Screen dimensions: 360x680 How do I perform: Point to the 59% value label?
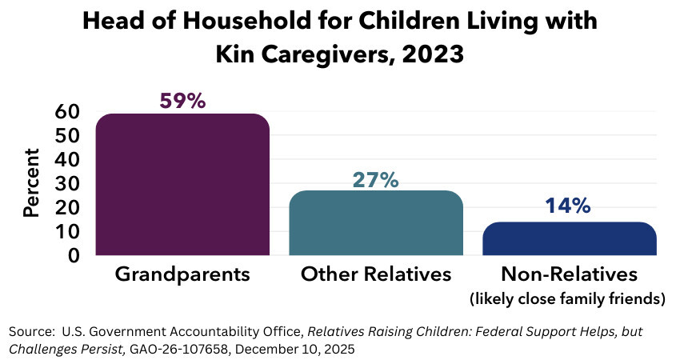pyautogui.click(x=182, y=101)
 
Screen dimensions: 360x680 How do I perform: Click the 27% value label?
pyautogui.click(x=375, y=179)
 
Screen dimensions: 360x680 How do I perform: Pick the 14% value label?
pyautogui.click(x=568, y=206)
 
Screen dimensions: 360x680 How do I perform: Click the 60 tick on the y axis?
pyautogui.click(x=66, y=112)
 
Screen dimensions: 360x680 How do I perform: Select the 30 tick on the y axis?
pyautogui.click(x=66, y=184)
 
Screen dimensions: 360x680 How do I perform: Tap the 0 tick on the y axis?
pyautogui.click(x=73, y=256)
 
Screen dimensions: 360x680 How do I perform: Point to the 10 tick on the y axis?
pyautogui.click(x=66, y=232)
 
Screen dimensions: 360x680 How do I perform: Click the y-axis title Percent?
pyautogui.click(x=32, y=183)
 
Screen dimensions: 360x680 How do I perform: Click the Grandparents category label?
pyautogui.click(x=182, y=274)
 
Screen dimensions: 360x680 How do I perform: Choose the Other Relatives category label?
pyautogui.click(x=376, y=274)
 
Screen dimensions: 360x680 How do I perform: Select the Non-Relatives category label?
pyautogui.click(x=569, y=274)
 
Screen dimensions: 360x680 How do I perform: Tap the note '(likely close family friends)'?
pyautogui.click(x=569, y=299)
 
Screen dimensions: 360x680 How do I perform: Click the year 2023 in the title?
pyautogui.click(x=436, y=56)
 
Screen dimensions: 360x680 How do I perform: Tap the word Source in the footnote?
pyautogui.click(x=29, y=331)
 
